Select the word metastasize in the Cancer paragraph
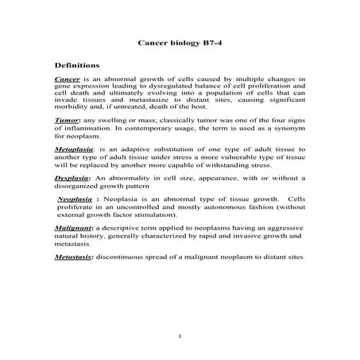161,99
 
